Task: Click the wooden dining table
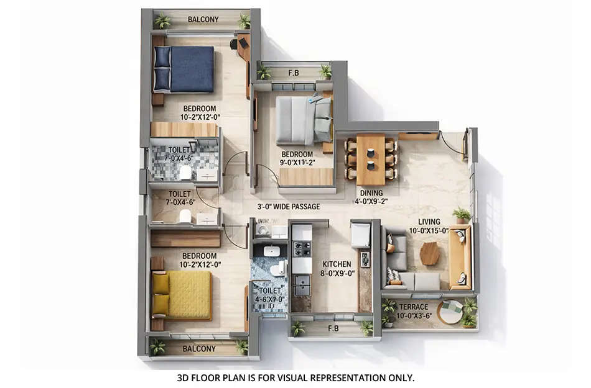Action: coord(371,160)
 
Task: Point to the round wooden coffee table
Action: coord(429,253)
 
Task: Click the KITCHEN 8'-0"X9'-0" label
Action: coord(337,268)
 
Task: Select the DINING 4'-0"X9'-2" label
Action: coord(371,197)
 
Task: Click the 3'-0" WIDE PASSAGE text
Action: coord(289,207)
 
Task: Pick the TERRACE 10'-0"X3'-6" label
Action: coord(414,311)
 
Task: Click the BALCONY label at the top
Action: coord(203,19)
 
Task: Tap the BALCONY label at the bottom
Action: coord(199,349)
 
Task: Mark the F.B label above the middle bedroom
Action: coord(294,72)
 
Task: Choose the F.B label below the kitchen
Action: coord(333,328)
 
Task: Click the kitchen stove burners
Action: coord(302,248)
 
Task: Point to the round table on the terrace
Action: coord(450,308)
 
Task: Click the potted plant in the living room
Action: coord(462,215)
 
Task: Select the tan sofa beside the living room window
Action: coord(460,256)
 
